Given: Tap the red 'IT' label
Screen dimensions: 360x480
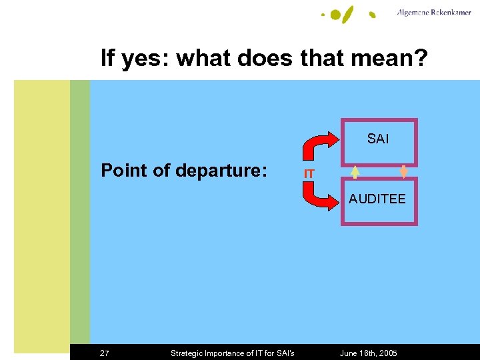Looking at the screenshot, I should pos(309,174).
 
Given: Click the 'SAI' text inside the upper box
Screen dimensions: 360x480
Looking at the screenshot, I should pos(378,139).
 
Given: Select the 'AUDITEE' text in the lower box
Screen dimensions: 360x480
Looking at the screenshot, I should pos(377,199).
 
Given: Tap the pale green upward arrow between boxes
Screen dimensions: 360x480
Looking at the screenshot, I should pos(356,172).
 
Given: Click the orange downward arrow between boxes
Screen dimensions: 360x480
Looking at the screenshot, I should pos(403,172).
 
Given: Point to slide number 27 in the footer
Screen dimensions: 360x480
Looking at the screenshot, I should pos(105,353).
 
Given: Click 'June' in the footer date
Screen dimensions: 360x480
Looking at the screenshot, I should pos(350,353).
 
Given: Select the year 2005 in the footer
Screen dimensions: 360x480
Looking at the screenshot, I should pos(387,353).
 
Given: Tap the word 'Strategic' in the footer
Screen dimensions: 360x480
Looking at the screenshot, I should pos(187,353).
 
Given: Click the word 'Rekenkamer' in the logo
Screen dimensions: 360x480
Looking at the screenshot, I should pos(450,12).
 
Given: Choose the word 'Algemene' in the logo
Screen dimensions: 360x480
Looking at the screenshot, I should pos(413,12).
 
